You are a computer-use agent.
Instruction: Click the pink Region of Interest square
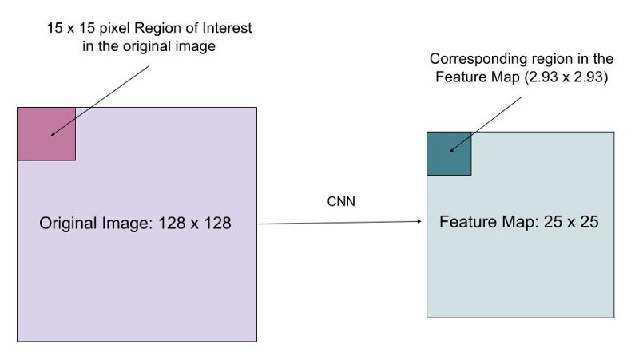point(46,134)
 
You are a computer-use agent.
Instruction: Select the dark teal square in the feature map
point(449,153)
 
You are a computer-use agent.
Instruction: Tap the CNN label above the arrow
point(341,201)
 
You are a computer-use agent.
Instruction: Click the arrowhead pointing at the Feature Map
point(419,221)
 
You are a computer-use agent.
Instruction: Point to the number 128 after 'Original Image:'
point(172,224)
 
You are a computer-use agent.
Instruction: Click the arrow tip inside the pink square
point(51,135)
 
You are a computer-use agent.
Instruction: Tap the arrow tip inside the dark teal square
point(450,152)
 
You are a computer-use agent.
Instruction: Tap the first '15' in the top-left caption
point(54,28)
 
